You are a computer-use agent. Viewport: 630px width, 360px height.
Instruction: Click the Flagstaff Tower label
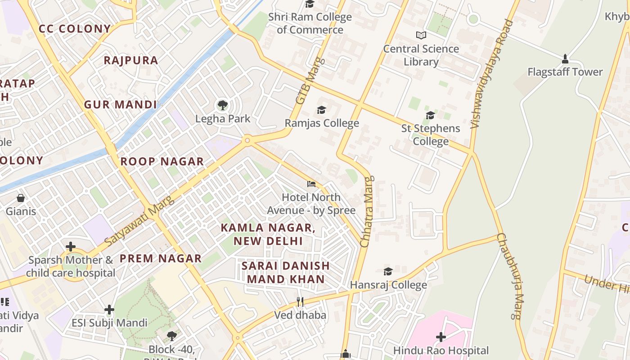pyautogui.click(x=565, y=72)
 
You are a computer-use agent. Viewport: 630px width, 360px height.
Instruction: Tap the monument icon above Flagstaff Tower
pyautogui.click(x=565, y=59)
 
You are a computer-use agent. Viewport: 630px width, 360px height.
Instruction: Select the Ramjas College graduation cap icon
pyautogui.click(x=321, y=110)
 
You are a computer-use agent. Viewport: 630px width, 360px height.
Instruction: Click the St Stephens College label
pyautogui.click(x=431, y=135)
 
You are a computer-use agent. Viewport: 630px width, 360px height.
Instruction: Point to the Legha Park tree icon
pyautogui.click(x=222, y=106)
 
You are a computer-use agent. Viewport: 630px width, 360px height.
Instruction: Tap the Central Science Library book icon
pyautogui.click(x=421, y=35)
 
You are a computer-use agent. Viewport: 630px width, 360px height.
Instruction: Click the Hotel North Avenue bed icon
pyautogui.click(x=311, y=184)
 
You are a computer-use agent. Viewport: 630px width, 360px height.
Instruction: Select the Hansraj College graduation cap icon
pyautogui.click(x=388, y=271)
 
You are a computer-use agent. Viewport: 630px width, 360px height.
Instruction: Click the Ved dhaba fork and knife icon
pyautogui.click(x=300, y=302)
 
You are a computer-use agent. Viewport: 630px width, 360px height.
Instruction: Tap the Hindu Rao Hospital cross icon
pyautogui.click(x=441, y=337)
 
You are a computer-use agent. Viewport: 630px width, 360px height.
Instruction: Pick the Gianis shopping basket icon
pyautogui.click(x=21, y=198)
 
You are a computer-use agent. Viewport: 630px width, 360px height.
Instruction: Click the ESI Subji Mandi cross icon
pyautogui.click(x=109, y=310)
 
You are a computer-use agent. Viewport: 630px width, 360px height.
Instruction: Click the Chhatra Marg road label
pyautogui.click(x=367, y=211)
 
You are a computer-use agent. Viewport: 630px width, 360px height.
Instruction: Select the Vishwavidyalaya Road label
pyautogui.click(x=491, y=74)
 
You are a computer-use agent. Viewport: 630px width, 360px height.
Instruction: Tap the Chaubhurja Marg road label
pyautogui.click(x=511, y=275)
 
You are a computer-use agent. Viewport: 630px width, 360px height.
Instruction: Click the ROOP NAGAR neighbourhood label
pyautogui.click(x=162, y=162)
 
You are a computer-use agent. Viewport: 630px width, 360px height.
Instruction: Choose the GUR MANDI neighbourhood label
pyautogui.click(x=120, y=105)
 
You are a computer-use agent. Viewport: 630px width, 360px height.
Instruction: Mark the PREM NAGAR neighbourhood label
pyautogui.click(x=160, y=259)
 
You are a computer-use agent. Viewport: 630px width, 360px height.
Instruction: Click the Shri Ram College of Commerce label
pyautogui.click(x=310, y=23)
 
